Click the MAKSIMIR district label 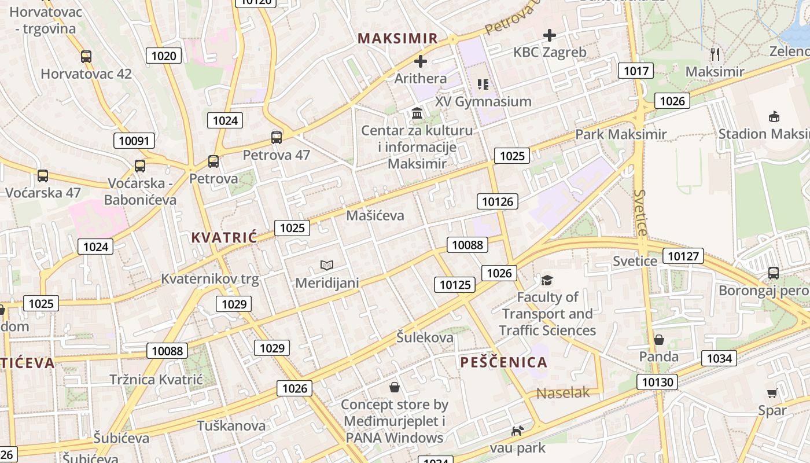tap(397, 39)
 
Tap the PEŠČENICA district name tap(503, 362)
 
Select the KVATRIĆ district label tap(224, 237)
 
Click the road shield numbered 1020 tap(164, 56)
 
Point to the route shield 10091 tap(134, 141)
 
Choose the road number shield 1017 tap(636, 71)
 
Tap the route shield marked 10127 tap(683, 256)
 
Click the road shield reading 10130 tap(658, 382)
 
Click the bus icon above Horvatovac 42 tap(86, 57)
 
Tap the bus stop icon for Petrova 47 tap(277, 138)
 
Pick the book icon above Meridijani tap(327, 266)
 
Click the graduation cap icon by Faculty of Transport tap(547, 281)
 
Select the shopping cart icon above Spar tap(772, 394)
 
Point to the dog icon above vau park tap(517, 431)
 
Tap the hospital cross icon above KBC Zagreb tap(549, 35)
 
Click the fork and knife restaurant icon tap(715, 54)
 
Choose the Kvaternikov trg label tap(209, 279)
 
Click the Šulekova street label tap(425, 337)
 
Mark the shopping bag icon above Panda tap(658, 340)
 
